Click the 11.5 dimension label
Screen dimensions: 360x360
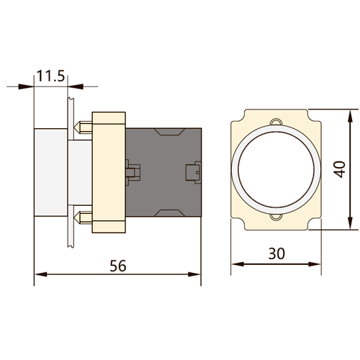click(x=51, y=76)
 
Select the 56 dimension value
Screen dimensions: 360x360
click(x=118, y=266)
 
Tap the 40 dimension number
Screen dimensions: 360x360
click(x=340, y=169)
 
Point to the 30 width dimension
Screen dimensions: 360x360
click(x=276, y=253)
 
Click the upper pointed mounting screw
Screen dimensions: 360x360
click(x=83, y=127)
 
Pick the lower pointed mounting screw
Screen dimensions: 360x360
click(x=83, y=217)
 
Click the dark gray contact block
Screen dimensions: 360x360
click(x=163, y=172)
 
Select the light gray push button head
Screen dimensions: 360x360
click(x=50, y=172)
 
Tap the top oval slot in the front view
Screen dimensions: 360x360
click(x=276, y=122)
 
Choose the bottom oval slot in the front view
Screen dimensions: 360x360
click(x=276, y=217)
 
